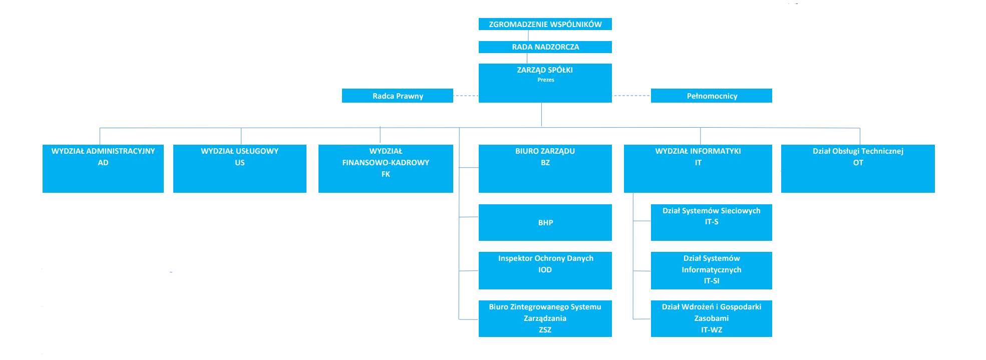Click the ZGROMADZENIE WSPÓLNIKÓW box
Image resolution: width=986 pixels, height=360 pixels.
pyautogui.click(x=545, y=24)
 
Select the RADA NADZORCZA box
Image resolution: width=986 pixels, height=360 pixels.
pyautogui.click(x=545, y=47)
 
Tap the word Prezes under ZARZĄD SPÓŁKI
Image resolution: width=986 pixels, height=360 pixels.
pyautogui.click(x=545, y=80)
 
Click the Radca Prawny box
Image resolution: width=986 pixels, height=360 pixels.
pyautogui.click(x=398, y=96)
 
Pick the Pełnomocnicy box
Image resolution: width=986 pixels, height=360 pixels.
pyautogui.click(x=711, y=96)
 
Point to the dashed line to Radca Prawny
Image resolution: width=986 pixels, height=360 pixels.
pyautogui.click(x=466, y=96)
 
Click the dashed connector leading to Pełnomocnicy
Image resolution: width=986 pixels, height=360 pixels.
pyautogui.click(x=631, y=95)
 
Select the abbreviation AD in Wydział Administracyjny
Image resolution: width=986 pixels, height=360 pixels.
pyautogui.click(x=103, y=163)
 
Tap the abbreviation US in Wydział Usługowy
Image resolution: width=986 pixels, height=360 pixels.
pyautogui.click(x=240, y=163)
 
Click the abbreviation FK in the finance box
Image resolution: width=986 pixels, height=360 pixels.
pyautogui.click(x=386, y=174)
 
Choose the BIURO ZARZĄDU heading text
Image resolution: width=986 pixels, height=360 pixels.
pyautogui.click(x=545, y=151)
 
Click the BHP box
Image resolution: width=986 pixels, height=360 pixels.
pyautogui.click(x=545, y=222)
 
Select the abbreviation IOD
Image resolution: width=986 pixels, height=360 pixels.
pyautogui.click(x=545, y=270)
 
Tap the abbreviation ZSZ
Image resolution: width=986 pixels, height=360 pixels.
pyautogui.click(x=545, y=330)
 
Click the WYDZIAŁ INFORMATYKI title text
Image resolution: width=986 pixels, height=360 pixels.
pyautogui.click(x=698, y=151)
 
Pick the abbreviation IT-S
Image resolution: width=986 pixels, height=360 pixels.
pyautogui.click(x=711, y=222)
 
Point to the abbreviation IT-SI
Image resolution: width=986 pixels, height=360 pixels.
pyautogui.click(x=711, y=281)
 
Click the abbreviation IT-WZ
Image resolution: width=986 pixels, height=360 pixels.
pyautogui.click(x=711, y=330)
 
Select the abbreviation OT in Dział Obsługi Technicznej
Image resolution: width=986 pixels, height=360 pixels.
pyautogui.click(x=858, y=163)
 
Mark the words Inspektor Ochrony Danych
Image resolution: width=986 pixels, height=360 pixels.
pyautogui.click(x=545, y=258)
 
